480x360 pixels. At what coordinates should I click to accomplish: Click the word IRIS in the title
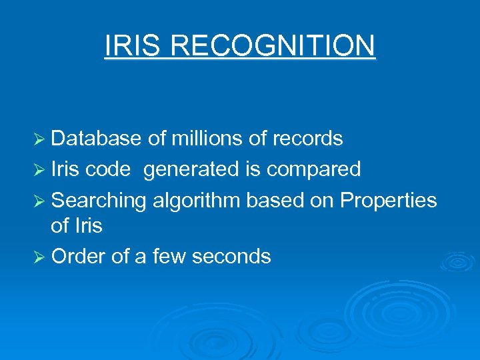[132, 46]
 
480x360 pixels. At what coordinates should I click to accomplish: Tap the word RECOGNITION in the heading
[273, 46]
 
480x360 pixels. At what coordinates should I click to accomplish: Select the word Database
[96, 139]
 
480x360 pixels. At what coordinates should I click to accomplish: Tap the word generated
[191, 169]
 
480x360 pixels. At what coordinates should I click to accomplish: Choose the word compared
[313, 169]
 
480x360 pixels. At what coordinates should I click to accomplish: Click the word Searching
[99, 200]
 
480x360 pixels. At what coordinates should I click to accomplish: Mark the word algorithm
[195, 200]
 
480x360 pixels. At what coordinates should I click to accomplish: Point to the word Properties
[389, 200]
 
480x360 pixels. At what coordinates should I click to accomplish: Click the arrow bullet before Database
[39, 139]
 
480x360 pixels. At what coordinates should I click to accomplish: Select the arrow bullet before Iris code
[39, 169]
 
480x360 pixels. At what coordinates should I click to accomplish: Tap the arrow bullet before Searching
[39, 200]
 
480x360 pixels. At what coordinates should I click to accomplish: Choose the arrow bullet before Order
[39, 257]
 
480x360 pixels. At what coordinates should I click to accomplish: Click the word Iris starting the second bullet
[65, 169]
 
